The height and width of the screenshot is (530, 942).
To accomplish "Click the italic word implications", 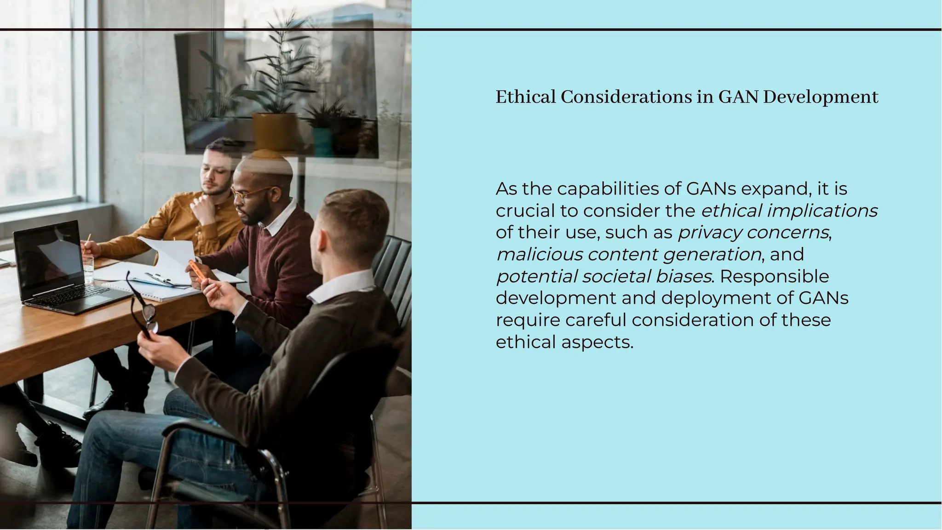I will [822, 211].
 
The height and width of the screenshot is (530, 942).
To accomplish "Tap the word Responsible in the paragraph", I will [775, 276].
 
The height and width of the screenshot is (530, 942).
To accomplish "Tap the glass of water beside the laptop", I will [88, 268].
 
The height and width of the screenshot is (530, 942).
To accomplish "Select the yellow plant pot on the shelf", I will [275, 131].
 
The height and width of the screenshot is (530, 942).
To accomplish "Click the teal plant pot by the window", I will [322, 141].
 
